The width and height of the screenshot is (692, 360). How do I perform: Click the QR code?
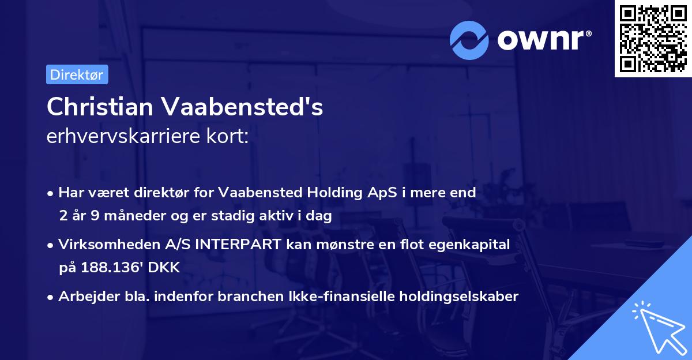[653, 38]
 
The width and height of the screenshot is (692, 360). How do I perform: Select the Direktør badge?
[77, 74]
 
